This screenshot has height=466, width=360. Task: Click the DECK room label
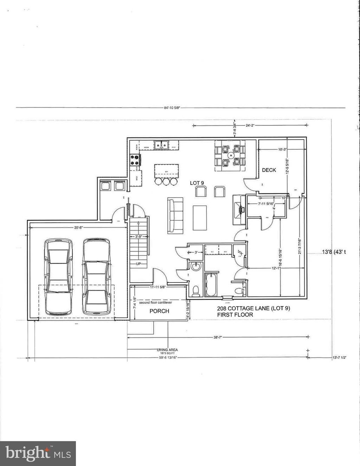pyautogui.click(x=269, y=170)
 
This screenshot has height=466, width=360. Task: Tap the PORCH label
pyautogui.click(x=159, y=311)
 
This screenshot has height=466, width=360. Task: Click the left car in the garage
pyautogui.click(x=58, y=277)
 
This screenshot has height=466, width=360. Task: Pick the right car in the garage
pyautogui.click(x=96, y=277)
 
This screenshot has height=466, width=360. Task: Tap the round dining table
pyautogui.click(x=231, y=154)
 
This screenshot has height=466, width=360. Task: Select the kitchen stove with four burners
pyautogui.click(x=135, y=160)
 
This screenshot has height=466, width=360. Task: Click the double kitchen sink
pyautogui.click(x=162, y=144)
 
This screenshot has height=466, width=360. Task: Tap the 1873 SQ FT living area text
pyautogui.click(x=167, y=352)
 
